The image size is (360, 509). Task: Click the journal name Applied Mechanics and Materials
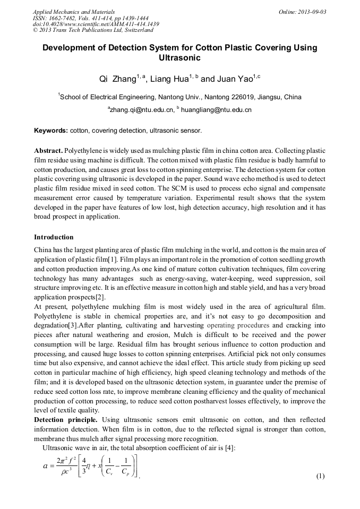click(x=74, y=11)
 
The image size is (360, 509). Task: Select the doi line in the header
click(x=96, y=24)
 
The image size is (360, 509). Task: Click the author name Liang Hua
click(x=169, y=79)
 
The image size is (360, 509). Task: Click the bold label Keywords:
click(x=51, y=130)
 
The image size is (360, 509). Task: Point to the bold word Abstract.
click(x=48, y=151)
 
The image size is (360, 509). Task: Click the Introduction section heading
click(x=54, y=237)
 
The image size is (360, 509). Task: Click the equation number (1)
click(x=320, y=476)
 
